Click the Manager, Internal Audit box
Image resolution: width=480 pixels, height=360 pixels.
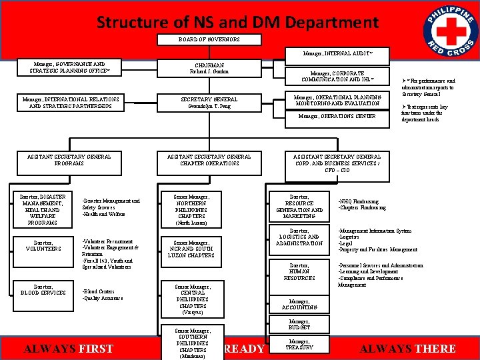337,53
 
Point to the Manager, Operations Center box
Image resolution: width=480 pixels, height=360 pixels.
337,116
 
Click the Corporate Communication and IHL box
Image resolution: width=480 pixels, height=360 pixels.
337,76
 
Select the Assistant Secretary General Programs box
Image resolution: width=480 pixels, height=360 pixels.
69,159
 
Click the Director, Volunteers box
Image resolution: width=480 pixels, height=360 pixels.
43,245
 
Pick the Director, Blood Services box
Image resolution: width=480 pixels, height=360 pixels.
43,289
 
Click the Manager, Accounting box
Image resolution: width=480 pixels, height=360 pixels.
299,304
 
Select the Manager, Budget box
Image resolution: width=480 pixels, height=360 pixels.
299,325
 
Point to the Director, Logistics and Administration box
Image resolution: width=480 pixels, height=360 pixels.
299,237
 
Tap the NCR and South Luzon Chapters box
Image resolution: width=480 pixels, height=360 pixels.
192,249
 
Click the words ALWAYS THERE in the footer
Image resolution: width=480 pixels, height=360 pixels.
407,349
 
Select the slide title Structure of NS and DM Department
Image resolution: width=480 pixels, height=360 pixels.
237,22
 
